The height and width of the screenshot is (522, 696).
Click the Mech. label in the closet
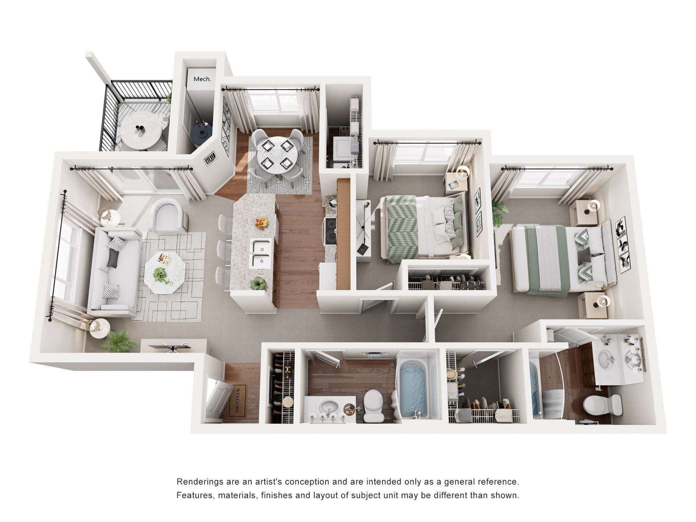tap(202, 79)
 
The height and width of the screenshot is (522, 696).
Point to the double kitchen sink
tap(260, 253)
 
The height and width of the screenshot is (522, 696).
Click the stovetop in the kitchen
tap(330, 231)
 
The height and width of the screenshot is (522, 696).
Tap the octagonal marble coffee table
tap(165, 273)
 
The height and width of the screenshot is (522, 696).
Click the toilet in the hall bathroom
tap(373, 406)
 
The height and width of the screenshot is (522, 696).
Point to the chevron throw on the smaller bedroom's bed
tap(402, 228)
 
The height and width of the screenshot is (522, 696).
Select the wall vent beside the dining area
tap(210, 158)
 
